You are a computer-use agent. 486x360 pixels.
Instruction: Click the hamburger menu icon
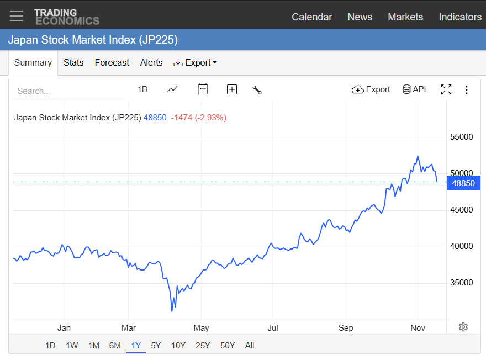click(17, 16)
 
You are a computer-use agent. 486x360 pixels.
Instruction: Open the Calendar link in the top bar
click(311, 17)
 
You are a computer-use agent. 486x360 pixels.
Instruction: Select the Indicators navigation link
click(460, 17)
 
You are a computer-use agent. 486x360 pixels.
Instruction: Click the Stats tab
click(73, 62)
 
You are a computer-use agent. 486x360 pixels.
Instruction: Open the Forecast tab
click(112, 62)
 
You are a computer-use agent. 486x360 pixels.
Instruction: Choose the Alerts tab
click(151, 62)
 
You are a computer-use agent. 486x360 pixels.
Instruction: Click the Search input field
click(67, 91)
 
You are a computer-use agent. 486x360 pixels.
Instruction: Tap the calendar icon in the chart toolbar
click(203, 89)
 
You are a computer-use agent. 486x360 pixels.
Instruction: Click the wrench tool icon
click(257, 89)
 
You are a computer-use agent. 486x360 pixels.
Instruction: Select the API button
click(414, 89)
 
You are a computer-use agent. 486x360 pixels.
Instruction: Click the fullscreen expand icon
click(446, 89)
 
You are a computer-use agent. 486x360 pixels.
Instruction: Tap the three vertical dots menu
click(467, 89)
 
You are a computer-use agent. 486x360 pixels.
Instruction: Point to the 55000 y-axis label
click(462, 137)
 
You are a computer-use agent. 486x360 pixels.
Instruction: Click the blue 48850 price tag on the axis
click(463, 183)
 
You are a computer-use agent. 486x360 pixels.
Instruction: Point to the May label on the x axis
click(202, 328)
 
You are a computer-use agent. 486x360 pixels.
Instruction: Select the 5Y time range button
click(156, 346)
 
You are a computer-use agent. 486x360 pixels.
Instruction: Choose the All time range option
click(250, 346)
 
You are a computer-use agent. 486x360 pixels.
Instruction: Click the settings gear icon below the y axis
click(463, 327)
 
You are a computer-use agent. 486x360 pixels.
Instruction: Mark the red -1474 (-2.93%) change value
click(198, 118)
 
